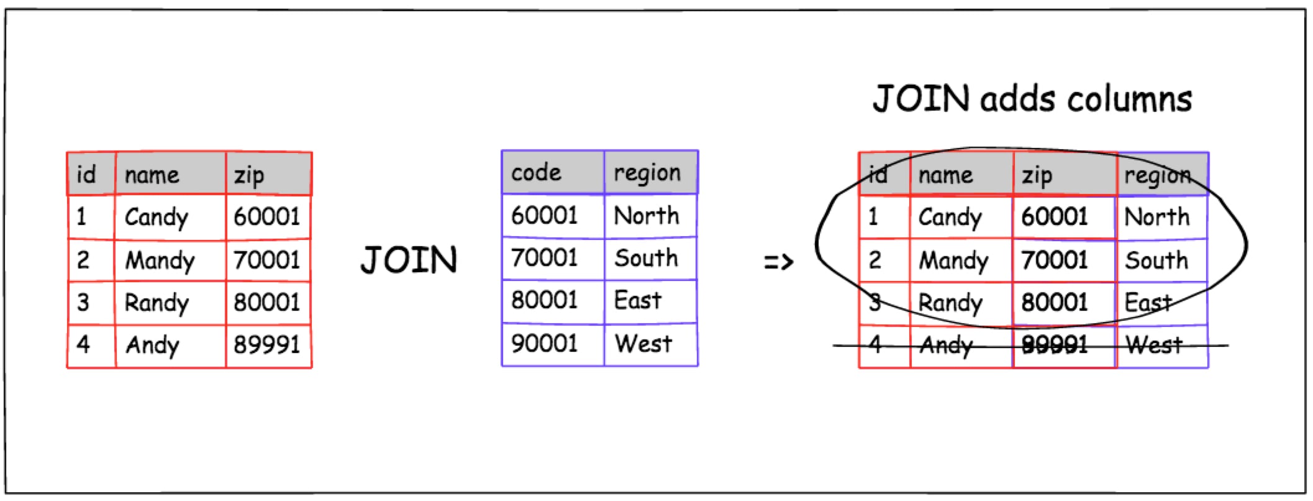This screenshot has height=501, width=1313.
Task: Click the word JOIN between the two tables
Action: (409, 260)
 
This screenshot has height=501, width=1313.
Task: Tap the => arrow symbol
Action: (778, 262)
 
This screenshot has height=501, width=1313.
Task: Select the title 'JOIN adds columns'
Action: (1032, 99)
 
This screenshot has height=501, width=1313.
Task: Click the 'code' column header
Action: (536, 172)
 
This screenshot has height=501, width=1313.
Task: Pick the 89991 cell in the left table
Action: (266, 344)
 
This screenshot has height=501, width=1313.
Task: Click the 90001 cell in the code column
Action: (544, 343)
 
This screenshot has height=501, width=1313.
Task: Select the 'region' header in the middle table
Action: (647, 173)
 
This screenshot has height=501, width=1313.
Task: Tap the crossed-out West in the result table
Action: (1154, 344)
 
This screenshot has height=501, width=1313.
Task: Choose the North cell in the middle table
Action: (647, 216)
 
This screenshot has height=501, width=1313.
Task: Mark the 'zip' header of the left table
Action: (248, 176)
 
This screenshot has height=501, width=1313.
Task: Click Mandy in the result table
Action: (953, 261)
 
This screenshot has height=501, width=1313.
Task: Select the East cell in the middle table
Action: (637, 301)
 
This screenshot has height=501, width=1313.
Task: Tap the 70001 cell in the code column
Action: (544, 258)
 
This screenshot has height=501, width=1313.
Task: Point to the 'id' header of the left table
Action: (86, 175)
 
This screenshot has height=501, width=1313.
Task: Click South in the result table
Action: (1156, 260)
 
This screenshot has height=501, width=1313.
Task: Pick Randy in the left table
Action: (157, 303)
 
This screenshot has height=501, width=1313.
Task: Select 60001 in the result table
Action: (1055, 217)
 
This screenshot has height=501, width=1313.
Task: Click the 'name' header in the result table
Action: (945, 175)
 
